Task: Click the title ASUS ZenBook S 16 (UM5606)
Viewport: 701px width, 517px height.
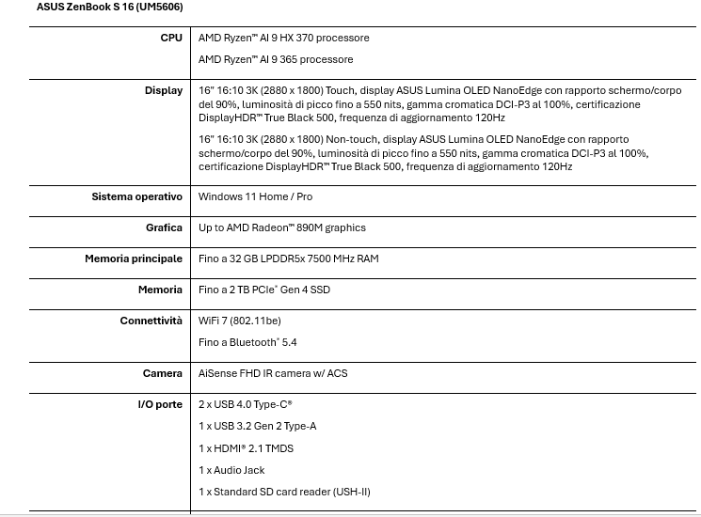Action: (x=109, y=8)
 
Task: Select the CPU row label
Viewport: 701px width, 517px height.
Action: (x=171, y=39)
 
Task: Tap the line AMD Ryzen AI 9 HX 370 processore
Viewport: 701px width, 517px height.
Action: (x=283, y=39)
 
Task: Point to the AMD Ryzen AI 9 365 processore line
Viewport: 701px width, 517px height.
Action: (x=276, y=60)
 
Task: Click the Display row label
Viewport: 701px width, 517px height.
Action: (x=164, y=91)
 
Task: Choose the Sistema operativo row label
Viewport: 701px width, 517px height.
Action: (x=136, y=197)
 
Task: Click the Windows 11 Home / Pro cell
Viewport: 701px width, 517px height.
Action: (x=255, y=197)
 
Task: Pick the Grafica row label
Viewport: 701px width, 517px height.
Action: (x=164, y=228)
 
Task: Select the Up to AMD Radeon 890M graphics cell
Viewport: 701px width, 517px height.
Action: (x=281, y=228)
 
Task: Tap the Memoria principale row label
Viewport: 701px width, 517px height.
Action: (x=134, y=259)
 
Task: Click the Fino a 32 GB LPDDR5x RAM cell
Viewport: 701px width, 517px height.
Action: (x=288, y=259)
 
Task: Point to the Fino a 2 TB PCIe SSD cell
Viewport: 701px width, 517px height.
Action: (x=263, y=290)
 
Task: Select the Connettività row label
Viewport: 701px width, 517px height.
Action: (x=151, y=321)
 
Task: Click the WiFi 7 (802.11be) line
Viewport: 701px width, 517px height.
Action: (x=239, y=321)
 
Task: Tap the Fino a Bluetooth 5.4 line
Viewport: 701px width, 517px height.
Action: (x=247, y=343)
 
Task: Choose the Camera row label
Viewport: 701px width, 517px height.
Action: (x=163, y=374)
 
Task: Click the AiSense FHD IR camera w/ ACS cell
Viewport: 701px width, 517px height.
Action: (x=273, y=374)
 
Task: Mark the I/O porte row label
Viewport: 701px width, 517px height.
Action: (x=160, y=405)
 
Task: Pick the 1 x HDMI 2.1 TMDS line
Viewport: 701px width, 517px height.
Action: (x=246, y=448)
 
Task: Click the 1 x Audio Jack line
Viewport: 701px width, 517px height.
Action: (x=231, y=470)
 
